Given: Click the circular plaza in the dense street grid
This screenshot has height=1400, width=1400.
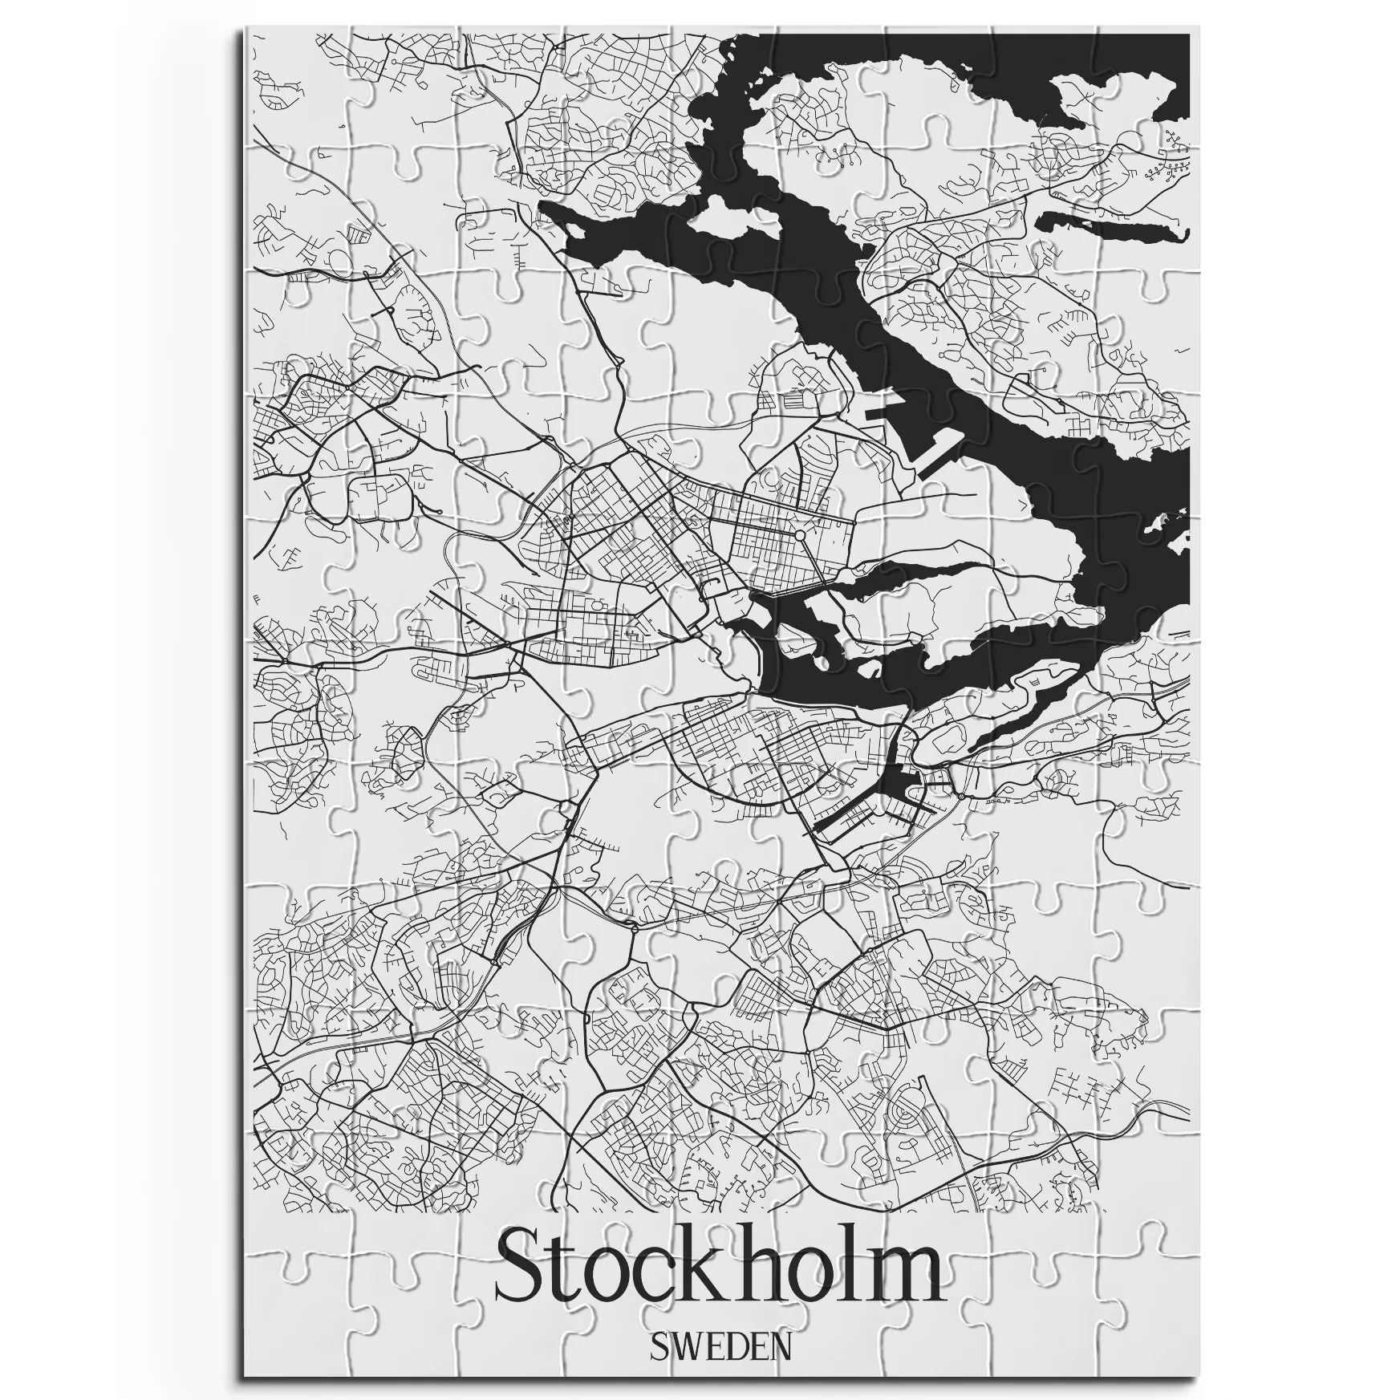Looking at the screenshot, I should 799,533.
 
